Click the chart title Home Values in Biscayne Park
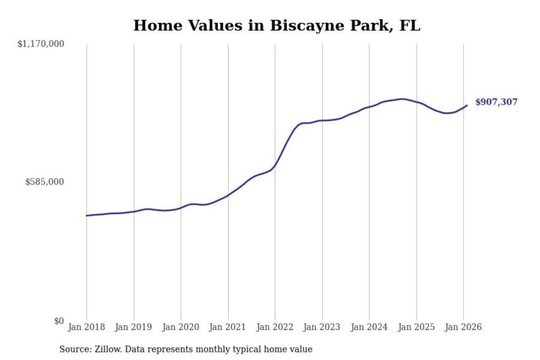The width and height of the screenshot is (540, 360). (x=277, y=25)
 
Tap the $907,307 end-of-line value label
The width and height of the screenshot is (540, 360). (x=496, y=102)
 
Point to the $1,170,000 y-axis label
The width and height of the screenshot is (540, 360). (x=41, y=44)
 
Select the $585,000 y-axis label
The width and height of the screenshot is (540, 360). (x=45, y=182)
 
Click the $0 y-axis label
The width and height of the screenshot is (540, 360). (x=59, y=321)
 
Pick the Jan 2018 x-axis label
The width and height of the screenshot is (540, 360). (x=86, y=327)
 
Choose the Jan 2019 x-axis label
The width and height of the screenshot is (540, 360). (x=133, y=327)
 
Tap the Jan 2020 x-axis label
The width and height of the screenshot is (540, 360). (x=180, y=327)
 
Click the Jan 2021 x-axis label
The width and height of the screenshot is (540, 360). (x=227, y=327)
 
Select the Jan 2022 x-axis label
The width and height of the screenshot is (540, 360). (x=274, y=327)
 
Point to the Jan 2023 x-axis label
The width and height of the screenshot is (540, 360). (x=321, y=327)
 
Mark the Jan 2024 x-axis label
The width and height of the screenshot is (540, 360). (x=369, y=327)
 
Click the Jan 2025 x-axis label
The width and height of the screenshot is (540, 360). (x=416, y=327)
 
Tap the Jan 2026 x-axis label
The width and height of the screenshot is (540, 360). (x=463, y=327)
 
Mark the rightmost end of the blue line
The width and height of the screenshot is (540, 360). (x=467, y=105)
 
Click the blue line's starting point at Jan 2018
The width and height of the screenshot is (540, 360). (x=87, y=216)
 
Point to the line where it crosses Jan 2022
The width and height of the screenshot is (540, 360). (x=275, y=165)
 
